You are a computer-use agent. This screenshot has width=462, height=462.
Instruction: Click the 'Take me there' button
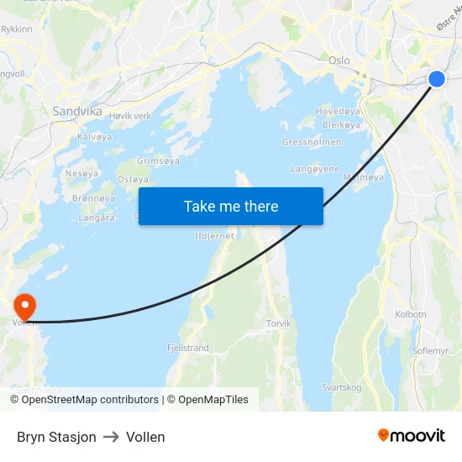click(231, 206)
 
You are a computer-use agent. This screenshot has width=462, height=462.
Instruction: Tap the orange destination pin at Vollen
click(25, 306)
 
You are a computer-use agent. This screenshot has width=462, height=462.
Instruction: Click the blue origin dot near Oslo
click(437, 79)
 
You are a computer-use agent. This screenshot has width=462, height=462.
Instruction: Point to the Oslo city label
click(339, 60)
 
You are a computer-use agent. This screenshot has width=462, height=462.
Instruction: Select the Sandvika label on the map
click(77, 111)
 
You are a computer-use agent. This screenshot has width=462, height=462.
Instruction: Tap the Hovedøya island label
click(339, 111)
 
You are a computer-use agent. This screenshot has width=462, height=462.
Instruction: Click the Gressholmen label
click(312, 142)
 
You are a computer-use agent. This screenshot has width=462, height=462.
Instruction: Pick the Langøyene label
click(315, 169)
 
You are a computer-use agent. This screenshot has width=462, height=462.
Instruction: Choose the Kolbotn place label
click(411, 314)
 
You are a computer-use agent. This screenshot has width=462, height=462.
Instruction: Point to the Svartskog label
click(341, 387)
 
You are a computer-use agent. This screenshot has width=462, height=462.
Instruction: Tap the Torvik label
click(278, 323)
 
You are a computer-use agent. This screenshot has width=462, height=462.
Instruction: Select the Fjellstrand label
click(188, 347)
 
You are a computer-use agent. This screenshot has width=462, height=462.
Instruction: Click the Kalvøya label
click(94, 137)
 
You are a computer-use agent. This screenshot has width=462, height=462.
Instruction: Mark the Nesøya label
click(81, 173)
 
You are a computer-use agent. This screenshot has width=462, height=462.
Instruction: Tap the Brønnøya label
click(94, 198)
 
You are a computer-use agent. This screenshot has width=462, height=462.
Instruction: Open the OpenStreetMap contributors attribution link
click(89, 400)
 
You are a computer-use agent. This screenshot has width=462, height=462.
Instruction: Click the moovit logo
click(412, 436)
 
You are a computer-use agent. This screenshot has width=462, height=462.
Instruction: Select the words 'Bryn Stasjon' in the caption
click(56, 437)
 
